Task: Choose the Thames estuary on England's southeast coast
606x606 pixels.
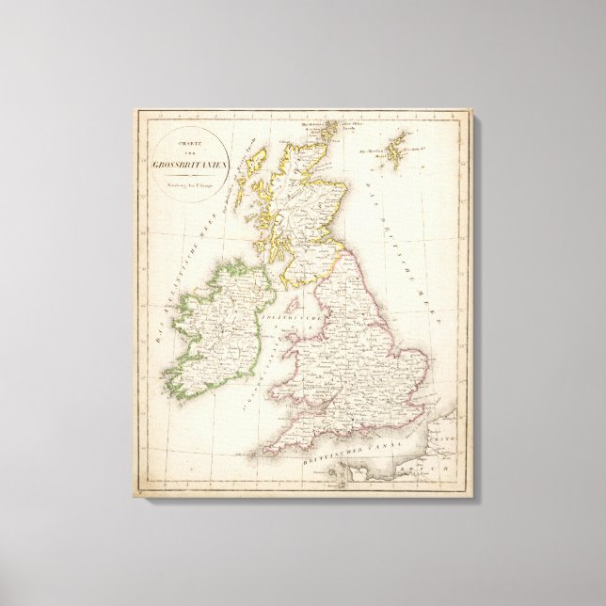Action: (424, 407)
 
